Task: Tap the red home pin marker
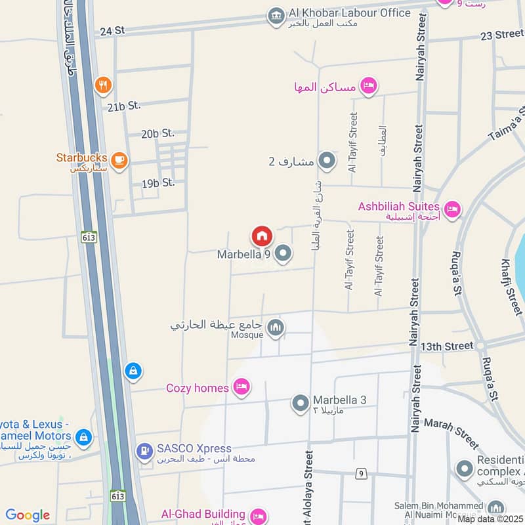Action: (261, 236)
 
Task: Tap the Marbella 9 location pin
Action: (283, 253)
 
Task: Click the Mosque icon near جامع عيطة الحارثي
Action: (276, 327)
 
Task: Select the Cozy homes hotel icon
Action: (241, 387)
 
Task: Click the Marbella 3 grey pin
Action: (300, 403)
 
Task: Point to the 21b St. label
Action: (124, 105)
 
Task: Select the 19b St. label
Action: (158, 183)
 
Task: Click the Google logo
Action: (28, 515)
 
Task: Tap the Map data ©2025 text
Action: (490, 519)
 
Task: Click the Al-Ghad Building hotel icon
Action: (258, 516)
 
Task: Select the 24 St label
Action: (112, 31)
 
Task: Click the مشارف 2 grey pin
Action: (326, 160)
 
